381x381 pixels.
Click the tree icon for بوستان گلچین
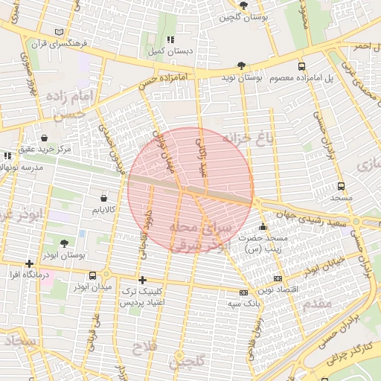pyautogui.click(x=243, y=5)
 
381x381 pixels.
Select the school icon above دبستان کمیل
pyautogui.click(x=170, y=39)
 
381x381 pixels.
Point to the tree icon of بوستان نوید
pyautogui.click(x=240, y=65)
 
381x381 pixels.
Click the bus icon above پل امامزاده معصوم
pyautogui.click(x=301, y=66)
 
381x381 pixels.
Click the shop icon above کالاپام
pyautogui.click(x=103, y=199)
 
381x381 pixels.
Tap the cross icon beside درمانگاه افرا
pyautogui.click(x=29, y=263)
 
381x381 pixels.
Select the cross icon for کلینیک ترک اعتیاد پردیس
pyautogui.click(x=142, y=281)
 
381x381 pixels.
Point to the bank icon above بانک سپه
pyautogui.click(x=243, y=292)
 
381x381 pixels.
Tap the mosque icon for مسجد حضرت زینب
pyautogui.click(x=262, y=226)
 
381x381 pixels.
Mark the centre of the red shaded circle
pyautogui.click(x=190, y=190)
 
